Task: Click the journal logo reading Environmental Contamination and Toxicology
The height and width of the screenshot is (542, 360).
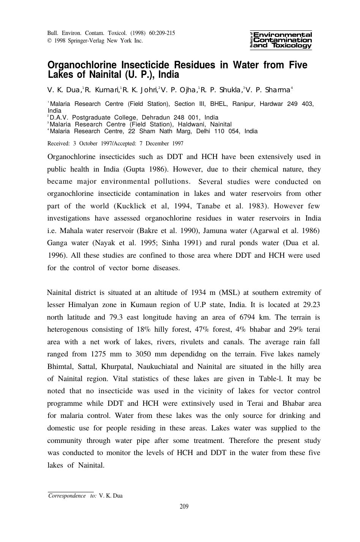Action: coord(281,40)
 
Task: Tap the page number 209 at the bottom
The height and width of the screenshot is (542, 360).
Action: coord(184,506)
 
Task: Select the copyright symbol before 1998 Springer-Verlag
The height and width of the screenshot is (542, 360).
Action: coord(49,41)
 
